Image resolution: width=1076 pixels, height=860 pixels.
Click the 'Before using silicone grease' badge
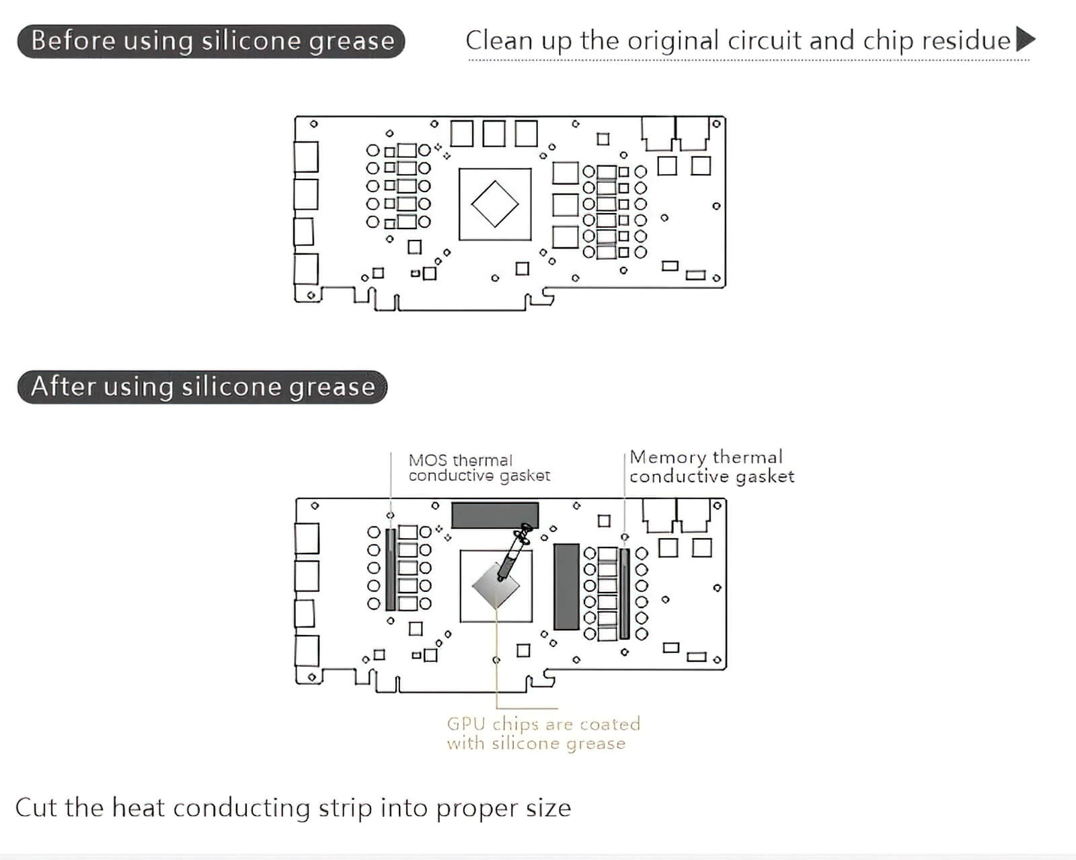(211, 41)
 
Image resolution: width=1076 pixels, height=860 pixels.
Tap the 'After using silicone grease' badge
(202, 387)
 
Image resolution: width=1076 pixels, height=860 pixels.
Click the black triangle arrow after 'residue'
(1026, 40)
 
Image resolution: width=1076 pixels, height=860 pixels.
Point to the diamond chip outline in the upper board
(471, 204)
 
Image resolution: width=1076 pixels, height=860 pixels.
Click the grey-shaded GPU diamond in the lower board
(496, 586)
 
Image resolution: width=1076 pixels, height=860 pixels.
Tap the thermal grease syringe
(513, 552)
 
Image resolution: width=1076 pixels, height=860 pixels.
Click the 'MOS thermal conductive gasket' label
(479, 468)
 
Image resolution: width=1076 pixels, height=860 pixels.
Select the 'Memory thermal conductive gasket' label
(712, 467)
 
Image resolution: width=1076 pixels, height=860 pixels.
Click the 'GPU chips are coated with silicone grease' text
(543, 734)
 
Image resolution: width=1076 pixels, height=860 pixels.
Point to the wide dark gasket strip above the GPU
(495, 515)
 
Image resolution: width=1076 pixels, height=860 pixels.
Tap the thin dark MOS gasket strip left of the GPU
(391, 570)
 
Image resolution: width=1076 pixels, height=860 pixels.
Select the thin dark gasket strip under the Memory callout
(625, 594)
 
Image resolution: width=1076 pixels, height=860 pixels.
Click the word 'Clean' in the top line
(499, 41)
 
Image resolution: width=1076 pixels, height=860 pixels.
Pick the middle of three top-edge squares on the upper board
(494, 133)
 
